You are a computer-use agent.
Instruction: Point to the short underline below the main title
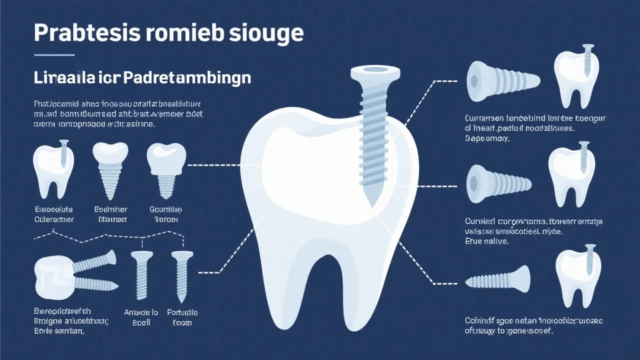(x=54, y=54)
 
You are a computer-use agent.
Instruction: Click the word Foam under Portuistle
(x=181, y=323)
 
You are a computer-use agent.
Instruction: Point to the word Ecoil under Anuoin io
(x=141, y=323)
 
